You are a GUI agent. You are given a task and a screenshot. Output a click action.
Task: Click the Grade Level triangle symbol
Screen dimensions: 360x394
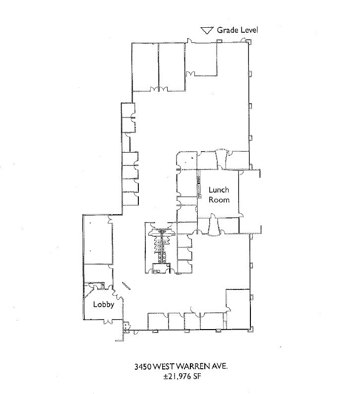(x=206, y=30)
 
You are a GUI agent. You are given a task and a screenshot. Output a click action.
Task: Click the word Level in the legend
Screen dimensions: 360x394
(x=248, y=30)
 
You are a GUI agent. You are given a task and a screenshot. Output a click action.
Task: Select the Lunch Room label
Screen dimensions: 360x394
(x=219, y=194)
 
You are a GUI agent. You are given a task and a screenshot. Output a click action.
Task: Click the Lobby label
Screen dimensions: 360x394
(x=104, y=304)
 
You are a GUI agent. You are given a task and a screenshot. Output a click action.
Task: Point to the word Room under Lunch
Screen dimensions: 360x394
(x=219, y=200)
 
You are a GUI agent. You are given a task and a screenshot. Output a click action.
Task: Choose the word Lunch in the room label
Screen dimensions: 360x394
(x=219, y=189)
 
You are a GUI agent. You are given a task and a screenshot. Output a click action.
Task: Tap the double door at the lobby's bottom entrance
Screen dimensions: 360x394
(x=108, y=322)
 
